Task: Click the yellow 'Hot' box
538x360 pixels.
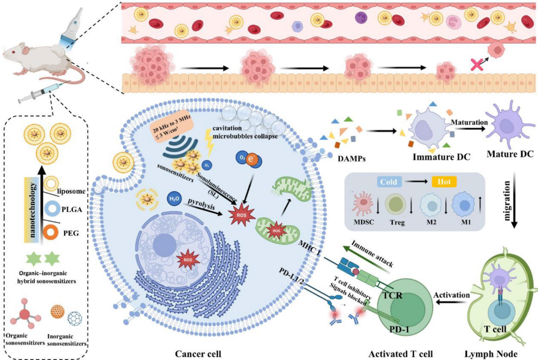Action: point(444,182)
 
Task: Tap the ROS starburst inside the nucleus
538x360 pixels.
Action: point(188,261)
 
